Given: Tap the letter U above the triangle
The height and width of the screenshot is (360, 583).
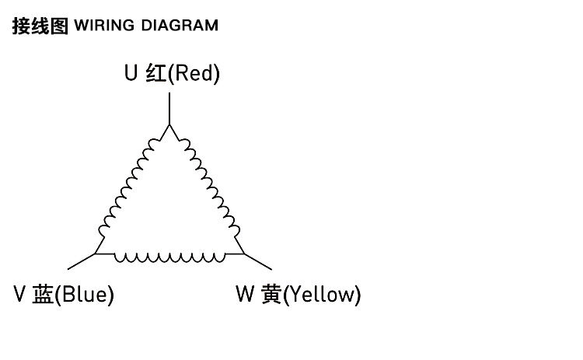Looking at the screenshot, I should coord(131,74).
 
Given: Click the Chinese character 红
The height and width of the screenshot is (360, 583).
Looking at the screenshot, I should coord(155,74).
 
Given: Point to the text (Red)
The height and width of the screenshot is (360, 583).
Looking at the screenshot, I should coord(194,74).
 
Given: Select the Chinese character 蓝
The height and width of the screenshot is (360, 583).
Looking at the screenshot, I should coord(43,295).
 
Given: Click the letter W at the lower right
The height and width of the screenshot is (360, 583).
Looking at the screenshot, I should coord(246,295).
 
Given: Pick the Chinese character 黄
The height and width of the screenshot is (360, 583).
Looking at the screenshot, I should coord(271,295).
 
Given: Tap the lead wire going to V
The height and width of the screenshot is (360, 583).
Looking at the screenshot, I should coord(82,260).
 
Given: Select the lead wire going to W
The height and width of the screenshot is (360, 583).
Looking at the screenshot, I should coord(259,260).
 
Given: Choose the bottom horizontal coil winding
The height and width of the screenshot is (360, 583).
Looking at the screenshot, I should coord(169,256).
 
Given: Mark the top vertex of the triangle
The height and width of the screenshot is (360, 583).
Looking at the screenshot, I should coord(169,124).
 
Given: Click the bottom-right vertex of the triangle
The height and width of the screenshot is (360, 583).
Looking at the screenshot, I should coord(246,253).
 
